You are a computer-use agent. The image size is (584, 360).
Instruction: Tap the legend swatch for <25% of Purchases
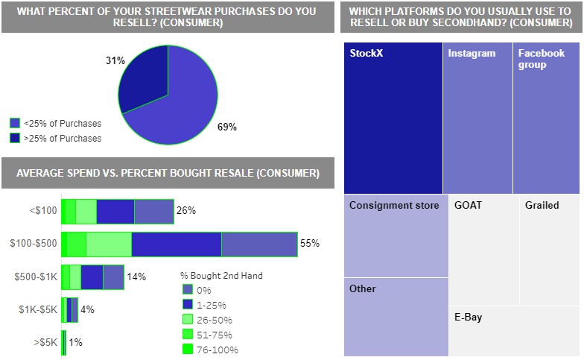(x=15, y=124)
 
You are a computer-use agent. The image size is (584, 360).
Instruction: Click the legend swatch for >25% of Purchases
(x=15, y=138)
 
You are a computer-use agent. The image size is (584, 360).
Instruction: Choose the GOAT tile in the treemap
(x=484, y=250)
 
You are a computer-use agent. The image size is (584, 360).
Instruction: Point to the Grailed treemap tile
(x=550, y=250)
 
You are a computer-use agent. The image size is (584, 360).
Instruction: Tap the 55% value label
(x=310, y=244)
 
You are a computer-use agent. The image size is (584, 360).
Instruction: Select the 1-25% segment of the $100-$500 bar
(x=177, y=244)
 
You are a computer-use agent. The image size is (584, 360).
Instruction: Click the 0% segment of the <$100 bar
(x=153, y=211)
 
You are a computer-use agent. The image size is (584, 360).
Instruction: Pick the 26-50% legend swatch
(x=188, y=319)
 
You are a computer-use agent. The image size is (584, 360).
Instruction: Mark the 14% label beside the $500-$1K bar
(x=136, y=277)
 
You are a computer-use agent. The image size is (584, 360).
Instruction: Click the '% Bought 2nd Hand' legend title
(x=221, y=276)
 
